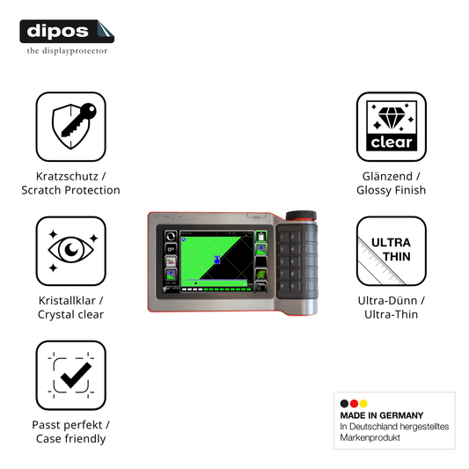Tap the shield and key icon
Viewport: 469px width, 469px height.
[x=71, y=127]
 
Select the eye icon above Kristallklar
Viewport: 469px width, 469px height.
[x=71, y=251]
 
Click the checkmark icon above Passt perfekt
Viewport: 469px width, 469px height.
[x=71, y=375]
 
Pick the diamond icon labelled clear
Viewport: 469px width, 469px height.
[x=392, y=127]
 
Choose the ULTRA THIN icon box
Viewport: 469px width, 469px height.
[x=392, y=251]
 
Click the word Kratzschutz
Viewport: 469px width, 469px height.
[x=67, y=177]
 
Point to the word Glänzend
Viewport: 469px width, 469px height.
[x=387, y=177]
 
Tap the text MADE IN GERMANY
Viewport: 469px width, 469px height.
[x=382, y=415]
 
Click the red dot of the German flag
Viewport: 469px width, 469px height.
[x=354, y=404]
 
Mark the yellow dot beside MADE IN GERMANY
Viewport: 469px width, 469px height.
[x=363, y=404]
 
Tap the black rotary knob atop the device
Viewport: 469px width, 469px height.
[x=301, y=216]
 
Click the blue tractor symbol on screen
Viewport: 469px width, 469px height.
[x=217, y=260]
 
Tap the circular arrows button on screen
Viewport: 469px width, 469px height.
[x=171, y=237]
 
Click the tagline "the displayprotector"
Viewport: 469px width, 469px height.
[x=67, y=51]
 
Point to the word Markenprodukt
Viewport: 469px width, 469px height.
[x=370, y=437]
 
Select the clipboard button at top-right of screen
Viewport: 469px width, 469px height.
[x=261, y=237]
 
